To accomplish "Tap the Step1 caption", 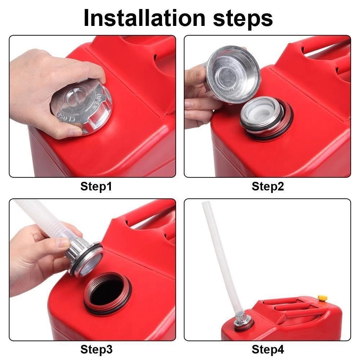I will [96, 186].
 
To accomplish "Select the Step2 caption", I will [268, 186].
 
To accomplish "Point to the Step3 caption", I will [96, 349].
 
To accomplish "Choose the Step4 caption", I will [268, 349].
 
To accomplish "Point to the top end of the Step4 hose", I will [206, 205].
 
